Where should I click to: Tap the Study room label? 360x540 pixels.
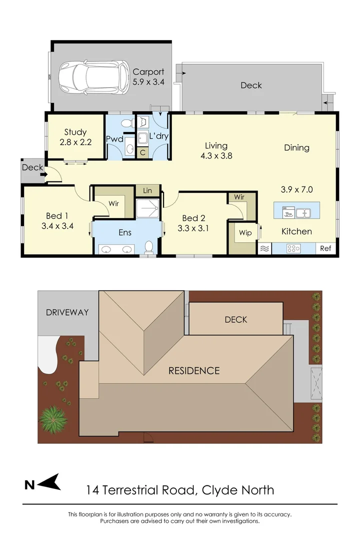tap(75, 132)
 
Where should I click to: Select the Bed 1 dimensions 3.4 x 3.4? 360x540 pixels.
tap(57, 225)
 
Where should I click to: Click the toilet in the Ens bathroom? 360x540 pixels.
tap(148, 246)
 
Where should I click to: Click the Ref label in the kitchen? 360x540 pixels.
tap(325, 248)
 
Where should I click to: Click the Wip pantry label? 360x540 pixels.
tap(245, 233)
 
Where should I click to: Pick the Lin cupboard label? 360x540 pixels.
tap(147, 190)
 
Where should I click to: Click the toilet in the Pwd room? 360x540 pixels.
tap(127, 121)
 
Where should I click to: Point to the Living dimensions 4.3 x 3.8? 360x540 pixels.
tap(216, 155)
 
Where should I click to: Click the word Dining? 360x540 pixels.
tap(296, 147)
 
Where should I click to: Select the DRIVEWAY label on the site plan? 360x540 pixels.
tap(67, 312)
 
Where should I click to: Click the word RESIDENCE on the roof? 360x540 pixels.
tap(194, 370)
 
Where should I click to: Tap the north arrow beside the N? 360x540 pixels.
tap(50, 483)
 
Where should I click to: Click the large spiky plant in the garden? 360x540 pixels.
tap(52, 417)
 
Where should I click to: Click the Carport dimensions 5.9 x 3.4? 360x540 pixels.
tap(148, 81)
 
